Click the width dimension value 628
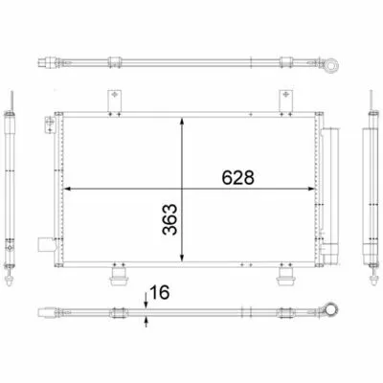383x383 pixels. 238,177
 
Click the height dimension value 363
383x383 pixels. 169,219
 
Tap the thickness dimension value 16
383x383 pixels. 159,292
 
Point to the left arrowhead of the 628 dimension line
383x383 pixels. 67,189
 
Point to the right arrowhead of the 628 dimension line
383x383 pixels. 311,189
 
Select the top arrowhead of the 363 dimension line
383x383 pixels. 182,122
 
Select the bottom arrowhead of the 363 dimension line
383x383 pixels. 182,258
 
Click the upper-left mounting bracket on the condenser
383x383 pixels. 114,101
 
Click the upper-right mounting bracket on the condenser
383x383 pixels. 286,101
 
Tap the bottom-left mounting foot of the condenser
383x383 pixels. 119,277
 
